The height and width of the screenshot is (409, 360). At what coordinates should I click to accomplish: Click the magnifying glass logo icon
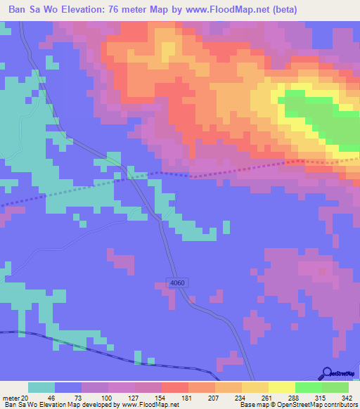(x=326, y=374)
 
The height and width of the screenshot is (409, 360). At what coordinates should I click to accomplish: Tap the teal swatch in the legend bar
(x=41, y=387)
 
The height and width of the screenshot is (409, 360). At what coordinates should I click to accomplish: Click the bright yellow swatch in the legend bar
(x=281, y=387)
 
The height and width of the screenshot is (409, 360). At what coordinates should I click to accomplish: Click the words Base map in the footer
(x=249, y=404)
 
